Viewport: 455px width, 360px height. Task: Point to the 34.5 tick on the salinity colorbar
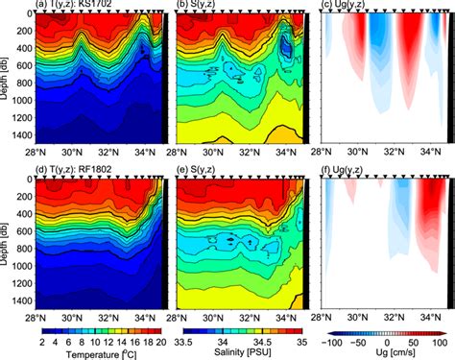tap(256, 340)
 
